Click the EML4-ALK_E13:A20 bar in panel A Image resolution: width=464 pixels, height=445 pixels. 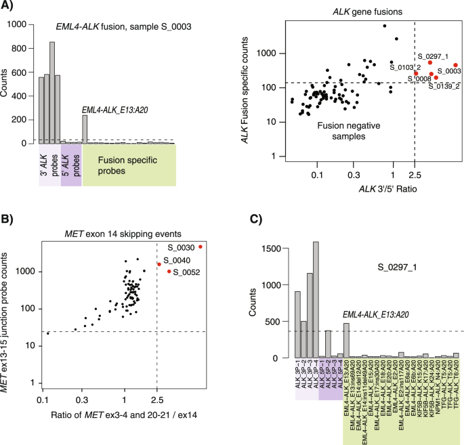click(85, 129)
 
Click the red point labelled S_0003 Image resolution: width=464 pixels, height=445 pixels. click(455, 65)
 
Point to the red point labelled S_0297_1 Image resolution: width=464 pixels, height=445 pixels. click(430, 62)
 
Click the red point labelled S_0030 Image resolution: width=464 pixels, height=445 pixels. click(201, 247)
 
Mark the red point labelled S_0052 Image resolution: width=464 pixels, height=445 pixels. click(169, 272)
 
